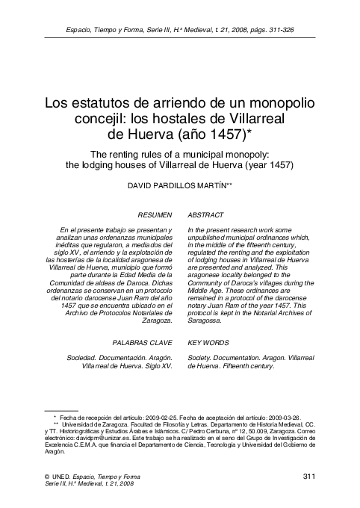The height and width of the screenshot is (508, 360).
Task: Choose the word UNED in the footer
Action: click(64, 477)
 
